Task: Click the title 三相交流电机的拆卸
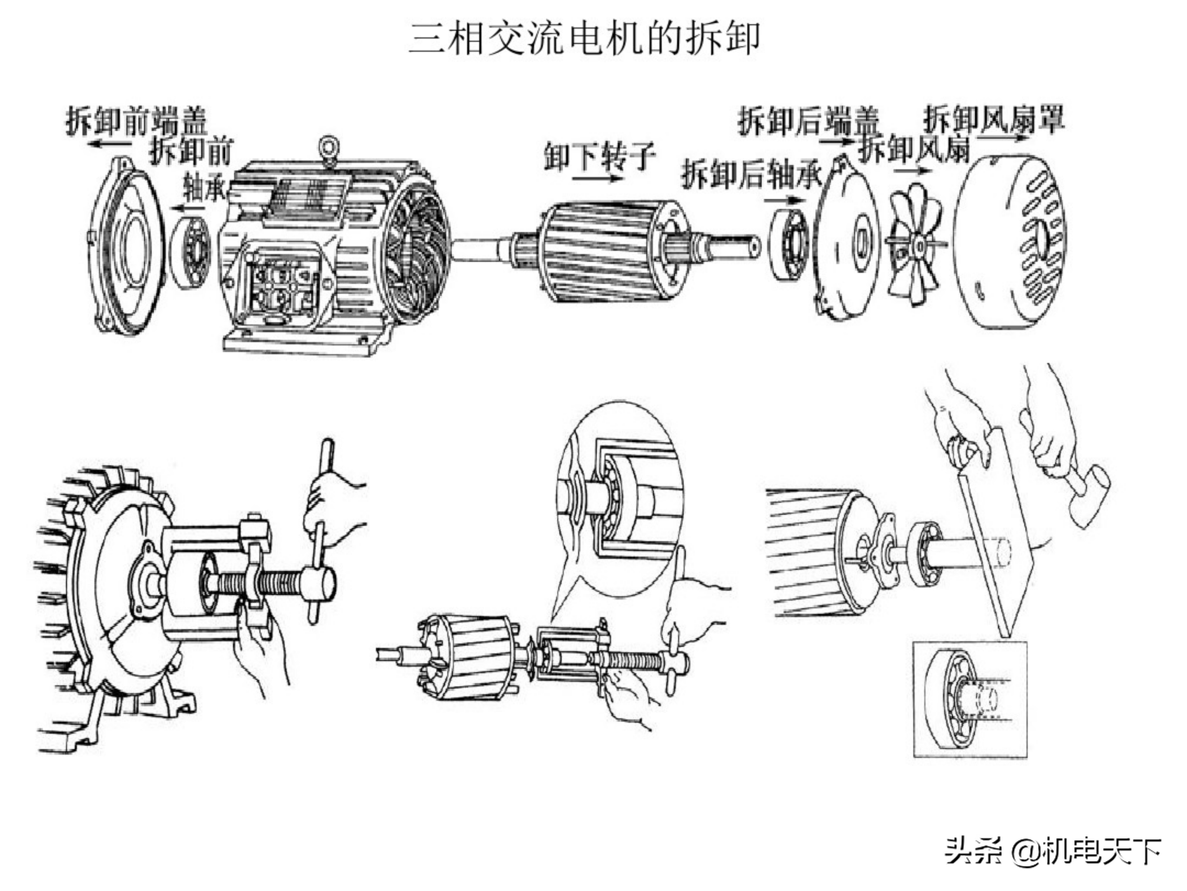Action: [x=584, y=39]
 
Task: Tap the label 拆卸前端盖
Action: [x=136, y=120]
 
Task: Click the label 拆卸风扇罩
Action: [x=993, y=119]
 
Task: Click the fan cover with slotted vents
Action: [x=1011, y=242]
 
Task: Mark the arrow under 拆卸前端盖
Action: [x=110, y=143]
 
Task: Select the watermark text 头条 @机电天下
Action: [x=1053, y=851]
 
